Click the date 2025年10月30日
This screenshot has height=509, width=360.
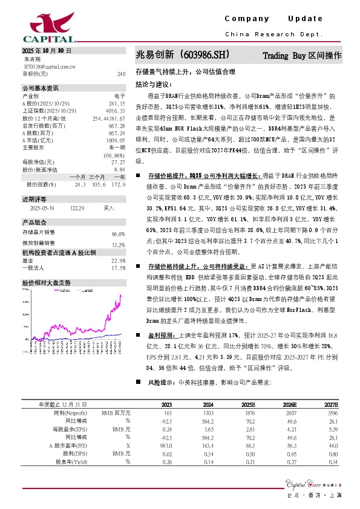(x=47, y=51)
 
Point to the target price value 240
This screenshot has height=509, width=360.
(x=121, y=74)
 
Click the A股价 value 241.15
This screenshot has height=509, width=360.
(x=117, y=102)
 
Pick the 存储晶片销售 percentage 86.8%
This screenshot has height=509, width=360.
(x=118, y=233)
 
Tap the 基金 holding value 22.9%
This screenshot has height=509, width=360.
(x=118, y=260)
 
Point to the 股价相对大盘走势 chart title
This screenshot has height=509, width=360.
(x=47, y=282)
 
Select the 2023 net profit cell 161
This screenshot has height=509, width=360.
(x=168, y=412)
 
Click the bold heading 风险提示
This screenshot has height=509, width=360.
(x=160, y=383)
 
